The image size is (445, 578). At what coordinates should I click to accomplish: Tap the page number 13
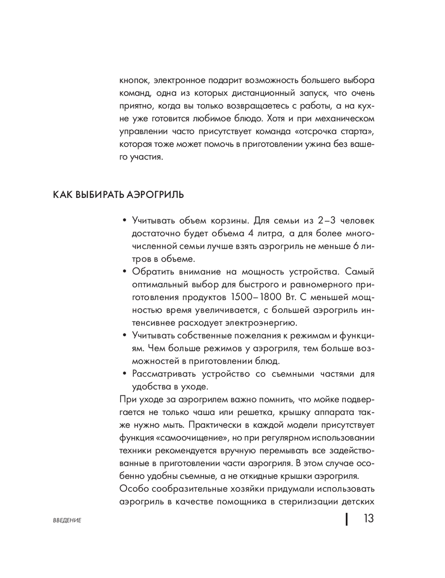368,519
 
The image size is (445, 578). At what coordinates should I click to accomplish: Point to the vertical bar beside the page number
347,519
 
